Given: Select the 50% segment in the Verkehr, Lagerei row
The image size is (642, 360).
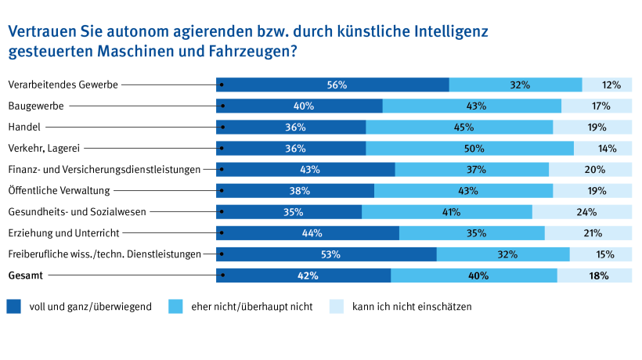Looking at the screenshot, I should (x=470, y=148).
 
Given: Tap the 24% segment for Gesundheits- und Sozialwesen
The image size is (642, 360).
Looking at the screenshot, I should (x=582, y=211).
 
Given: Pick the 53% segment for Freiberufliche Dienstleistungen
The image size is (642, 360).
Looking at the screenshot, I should (x=326, y=254).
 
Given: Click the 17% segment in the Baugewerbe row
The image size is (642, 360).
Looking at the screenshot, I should (x=597, y=106).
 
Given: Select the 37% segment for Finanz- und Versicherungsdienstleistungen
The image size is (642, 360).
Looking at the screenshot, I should (x=472, y=169).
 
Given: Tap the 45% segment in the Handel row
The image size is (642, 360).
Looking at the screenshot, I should (x=460, y=127).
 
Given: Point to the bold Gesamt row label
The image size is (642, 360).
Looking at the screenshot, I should (x=27, y=275).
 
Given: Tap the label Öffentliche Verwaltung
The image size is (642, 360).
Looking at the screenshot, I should (x=59, y=190).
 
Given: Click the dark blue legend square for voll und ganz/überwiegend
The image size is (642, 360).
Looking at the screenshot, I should (x=13, y=307).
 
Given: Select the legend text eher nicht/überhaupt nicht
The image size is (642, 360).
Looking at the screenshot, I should (x=251, y=307).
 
